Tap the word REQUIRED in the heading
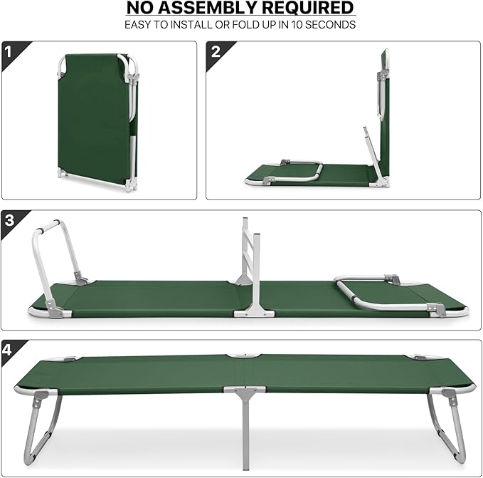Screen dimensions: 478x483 coord(309,9)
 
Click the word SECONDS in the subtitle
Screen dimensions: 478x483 coord(331,25)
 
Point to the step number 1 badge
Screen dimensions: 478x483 coord(9,51)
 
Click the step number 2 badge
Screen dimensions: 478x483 coord(216,51)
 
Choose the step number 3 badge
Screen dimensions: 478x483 coord(9,220)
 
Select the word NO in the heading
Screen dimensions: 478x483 coord(142,9)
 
